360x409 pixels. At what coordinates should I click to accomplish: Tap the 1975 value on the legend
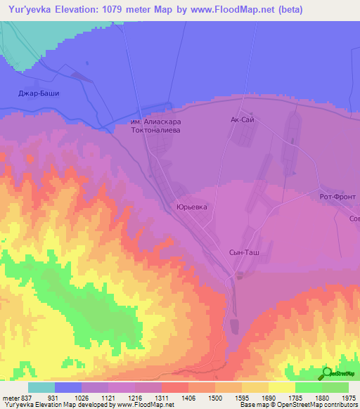click(x=348, y=398)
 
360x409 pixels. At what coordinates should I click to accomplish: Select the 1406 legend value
click(x=188, y=398)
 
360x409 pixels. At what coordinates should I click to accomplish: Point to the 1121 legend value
click(x=109, y=398)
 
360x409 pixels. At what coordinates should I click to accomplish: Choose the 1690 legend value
click(x=268, y=398)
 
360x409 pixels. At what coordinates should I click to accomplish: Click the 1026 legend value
click(x=82, y=398)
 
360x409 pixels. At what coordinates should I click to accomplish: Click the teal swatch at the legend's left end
click(x=41, y=387)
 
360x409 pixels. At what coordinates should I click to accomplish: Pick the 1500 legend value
click(x=214, y=398)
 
